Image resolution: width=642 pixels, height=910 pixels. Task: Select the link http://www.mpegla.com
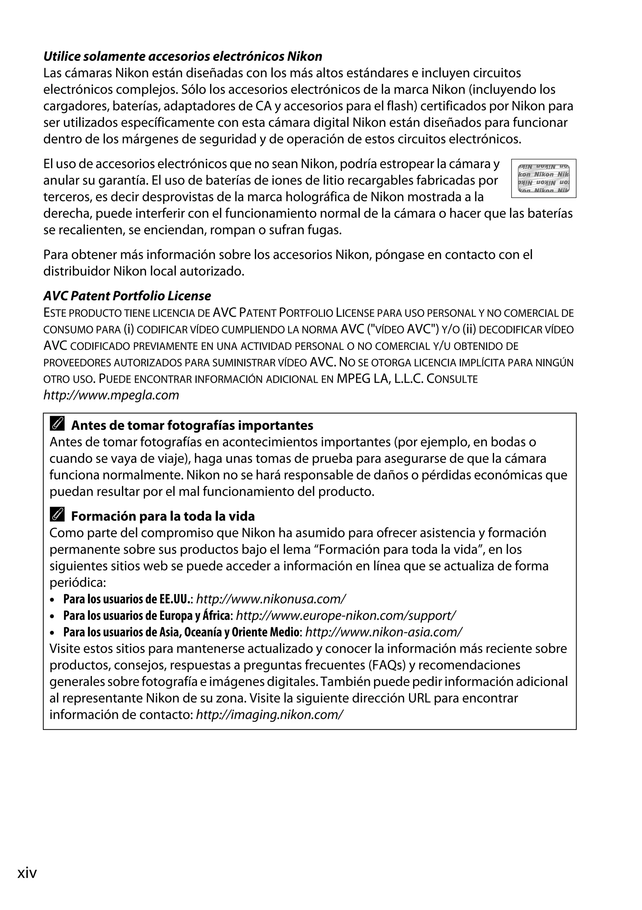click(x=111, y=395)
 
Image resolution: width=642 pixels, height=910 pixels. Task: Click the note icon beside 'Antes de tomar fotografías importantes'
click(x=57, y=424)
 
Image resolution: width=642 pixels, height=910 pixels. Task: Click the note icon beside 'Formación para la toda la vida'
click(x=57, y=515)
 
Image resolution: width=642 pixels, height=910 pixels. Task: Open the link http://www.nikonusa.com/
click(x=271, y=599)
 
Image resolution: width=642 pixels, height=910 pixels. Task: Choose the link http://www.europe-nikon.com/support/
click(x=346, y=615)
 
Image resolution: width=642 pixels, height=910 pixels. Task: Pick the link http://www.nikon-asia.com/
click(x=383, y=632)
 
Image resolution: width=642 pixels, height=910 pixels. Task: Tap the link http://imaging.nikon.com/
click(x=269, y=715)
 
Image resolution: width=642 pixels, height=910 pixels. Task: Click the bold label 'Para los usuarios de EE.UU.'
click(x=127, y=599)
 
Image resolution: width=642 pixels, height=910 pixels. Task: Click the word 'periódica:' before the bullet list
click(x=78, y=582)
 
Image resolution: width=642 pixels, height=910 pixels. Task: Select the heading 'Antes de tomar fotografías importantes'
click(x=192, y=425)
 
